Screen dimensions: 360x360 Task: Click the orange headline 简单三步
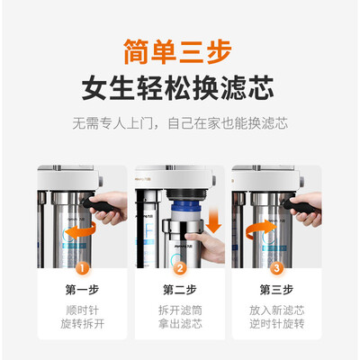point(177,51)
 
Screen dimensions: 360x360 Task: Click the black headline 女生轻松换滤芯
point(177,88)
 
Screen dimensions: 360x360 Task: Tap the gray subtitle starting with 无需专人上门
point(180,123)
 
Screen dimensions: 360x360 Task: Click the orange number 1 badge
point(83,268)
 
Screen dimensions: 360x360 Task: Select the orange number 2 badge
point(180,268)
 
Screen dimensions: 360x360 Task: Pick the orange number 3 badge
point(276,268)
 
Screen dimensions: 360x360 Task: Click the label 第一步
point(82,290)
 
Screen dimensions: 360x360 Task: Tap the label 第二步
point(180,290)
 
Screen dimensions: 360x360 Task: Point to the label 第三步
point(276,290)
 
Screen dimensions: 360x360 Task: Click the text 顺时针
point(82,310)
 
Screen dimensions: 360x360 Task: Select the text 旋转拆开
point(82,324)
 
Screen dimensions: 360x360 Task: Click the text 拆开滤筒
point(180,310)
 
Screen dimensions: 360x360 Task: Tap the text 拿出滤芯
point(180,324)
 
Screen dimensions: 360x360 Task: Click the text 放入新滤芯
point(276,310)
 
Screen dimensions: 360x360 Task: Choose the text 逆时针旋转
point(276,324)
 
